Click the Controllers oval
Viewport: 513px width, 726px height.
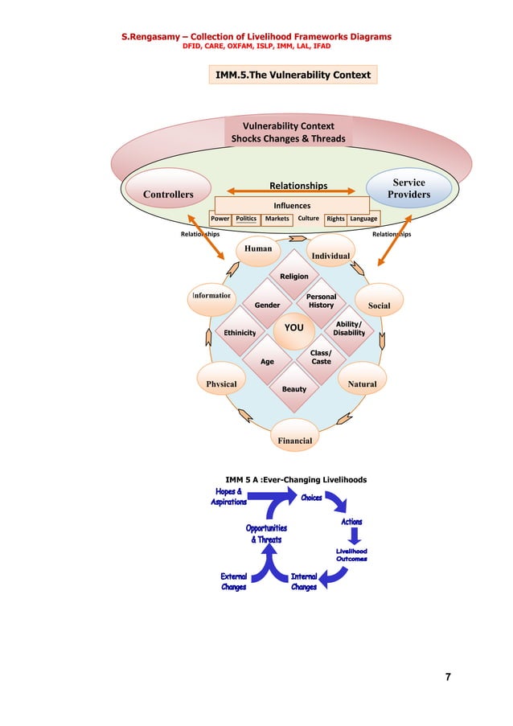click(x=168, y=194)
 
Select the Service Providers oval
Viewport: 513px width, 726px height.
click(x=408, y=189)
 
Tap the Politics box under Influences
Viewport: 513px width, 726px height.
click(x=246, y=218)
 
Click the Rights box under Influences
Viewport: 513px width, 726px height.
click(x=335, y=218)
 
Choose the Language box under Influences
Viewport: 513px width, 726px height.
click(x=363, y=218)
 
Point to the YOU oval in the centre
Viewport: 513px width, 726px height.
click(x=294, y=328)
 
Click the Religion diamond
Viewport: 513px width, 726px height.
click(x=294, y=277)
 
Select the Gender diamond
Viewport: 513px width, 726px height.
click(x=267, y=306)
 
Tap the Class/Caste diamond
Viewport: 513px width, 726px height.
click(x=321, y=357)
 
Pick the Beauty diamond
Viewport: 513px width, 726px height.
click(x=294, y=389)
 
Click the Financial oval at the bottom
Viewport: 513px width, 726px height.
click(x=294, y=441)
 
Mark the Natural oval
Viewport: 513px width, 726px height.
click(x=362, y=384)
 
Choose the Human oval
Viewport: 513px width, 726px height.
click(x=258, y=249)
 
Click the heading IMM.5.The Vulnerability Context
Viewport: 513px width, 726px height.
click(x=292, y=76)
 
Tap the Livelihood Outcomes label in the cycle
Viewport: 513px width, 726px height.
click(x=351, y=555)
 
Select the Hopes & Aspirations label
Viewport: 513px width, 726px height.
click(x=228, y=496)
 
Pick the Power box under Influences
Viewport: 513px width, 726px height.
click(x=220, y=218)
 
